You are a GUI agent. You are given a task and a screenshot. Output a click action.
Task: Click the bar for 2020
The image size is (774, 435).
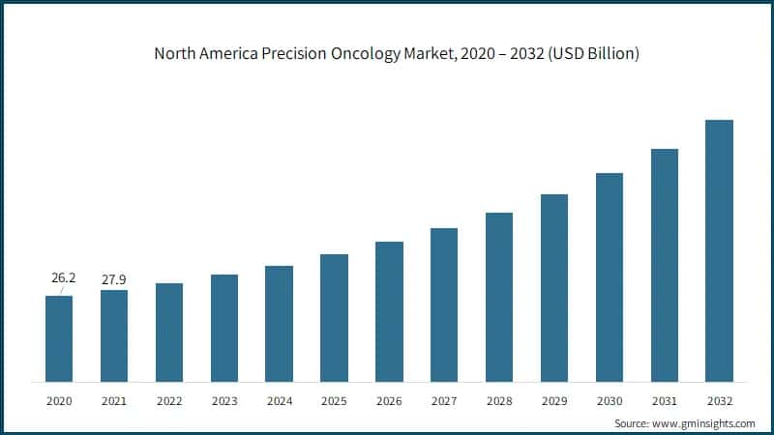(59, 338)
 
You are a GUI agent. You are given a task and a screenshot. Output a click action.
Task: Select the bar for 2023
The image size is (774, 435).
(224, 328)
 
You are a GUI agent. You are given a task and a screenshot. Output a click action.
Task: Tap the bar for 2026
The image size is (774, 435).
(389, 311)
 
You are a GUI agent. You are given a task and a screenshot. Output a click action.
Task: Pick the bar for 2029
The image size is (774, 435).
(554, 287)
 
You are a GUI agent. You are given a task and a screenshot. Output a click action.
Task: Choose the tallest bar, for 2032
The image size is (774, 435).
(719, 250)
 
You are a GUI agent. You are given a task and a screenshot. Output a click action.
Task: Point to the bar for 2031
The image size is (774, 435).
(664, 265)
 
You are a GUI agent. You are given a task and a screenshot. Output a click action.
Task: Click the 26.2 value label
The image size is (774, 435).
(63, 278)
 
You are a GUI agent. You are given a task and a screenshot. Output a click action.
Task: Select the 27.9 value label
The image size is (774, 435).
(114, 279)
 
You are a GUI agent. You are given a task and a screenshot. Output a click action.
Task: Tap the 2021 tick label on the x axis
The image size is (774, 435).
(114, 399)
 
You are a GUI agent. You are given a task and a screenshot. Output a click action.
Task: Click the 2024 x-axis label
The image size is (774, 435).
(279, 399)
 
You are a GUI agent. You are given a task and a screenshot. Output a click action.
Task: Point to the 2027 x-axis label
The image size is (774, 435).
(444, 399)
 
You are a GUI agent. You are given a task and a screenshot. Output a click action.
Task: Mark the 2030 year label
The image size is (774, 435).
(609, 399)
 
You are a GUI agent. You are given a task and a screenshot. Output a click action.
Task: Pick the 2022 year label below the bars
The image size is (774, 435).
(169, 399)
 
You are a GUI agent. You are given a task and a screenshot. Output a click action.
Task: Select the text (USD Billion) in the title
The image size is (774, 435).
(591, 54)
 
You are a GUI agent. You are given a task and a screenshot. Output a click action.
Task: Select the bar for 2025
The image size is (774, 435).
(334, 318)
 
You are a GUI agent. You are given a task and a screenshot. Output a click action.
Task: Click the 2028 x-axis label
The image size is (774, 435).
(499, 399)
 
